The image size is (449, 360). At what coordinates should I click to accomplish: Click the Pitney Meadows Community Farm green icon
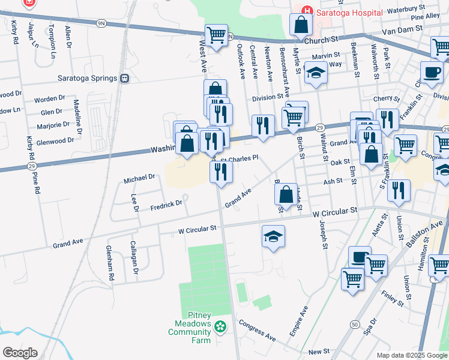tap(221, 327)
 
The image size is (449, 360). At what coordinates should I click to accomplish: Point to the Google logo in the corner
tap(20, 352)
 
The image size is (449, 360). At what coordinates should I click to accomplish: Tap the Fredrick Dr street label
tap(166, 205)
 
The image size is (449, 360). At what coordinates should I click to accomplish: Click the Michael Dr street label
tap(139, 178)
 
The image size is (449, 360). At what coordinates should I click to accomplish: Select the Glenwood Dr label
tap(55, 140)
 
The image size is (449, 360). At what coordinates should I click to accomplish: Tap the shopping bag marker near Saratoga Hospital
tap(301, 25)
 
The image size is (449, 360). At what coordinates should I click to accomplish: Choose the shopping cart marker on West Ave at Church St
tap(216, 34)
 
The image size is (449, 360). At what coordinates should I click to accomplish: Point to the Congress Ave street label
tap(258, 331)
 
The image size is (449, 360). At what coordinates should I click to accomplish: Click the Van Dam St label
tap(400, 31)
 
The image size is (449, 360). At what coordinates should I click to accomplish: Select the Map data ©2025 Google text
tap(412, 355)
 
